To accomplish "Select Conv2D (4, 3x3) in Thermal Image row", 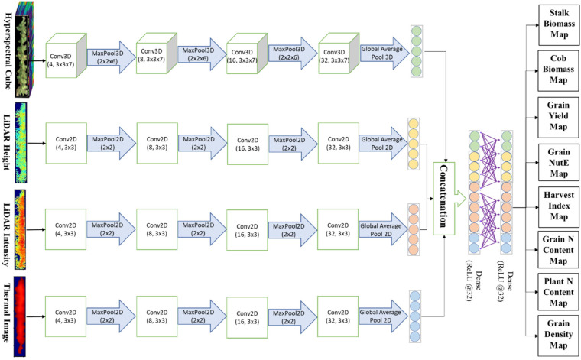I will (x=66, y=316).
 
